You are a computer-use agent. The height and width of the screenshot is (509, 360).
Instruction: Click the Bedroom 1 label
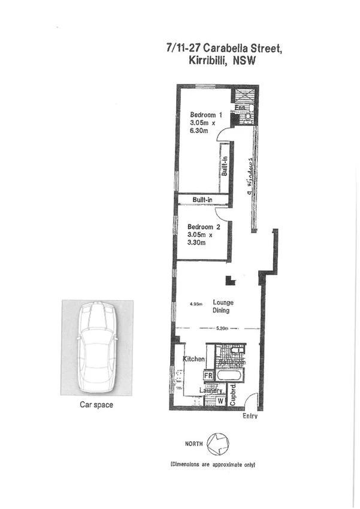tap(206, 115)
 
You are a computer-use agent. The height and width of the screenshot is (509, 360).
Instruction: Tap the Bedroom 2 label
tap(204, 227)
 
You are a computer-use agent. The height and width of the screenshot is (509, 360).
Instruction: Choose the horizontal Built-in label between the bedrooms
tap(203, 200)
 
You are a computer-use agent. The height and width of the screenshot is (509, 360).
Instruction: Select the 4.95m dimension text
tap(196, 303)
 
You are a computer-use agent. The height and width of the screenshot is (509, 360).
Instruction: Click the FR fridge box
tap(209, 376)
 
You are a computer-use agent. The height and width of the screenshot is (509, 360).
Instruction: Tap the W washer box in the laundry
tap(220, 400)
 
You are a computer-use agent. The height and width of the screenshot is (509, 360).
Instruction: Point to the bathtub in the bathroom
tap(231, 376)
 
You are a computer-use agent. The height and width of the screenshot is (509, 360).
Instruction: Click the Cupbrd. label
tap(234, 396)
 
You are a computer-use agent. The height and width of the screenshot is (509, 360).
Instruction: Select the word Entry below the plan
tap(250, 417)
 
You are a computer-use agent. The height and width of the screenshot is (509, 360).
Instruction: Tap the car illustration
tap(96, 347)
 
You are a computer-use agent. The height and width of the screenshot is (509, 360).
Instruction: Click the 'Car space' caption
tap(96, 405)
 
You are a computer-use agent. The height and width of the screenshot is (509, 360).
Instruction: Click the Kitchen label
tap(194, 359)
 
